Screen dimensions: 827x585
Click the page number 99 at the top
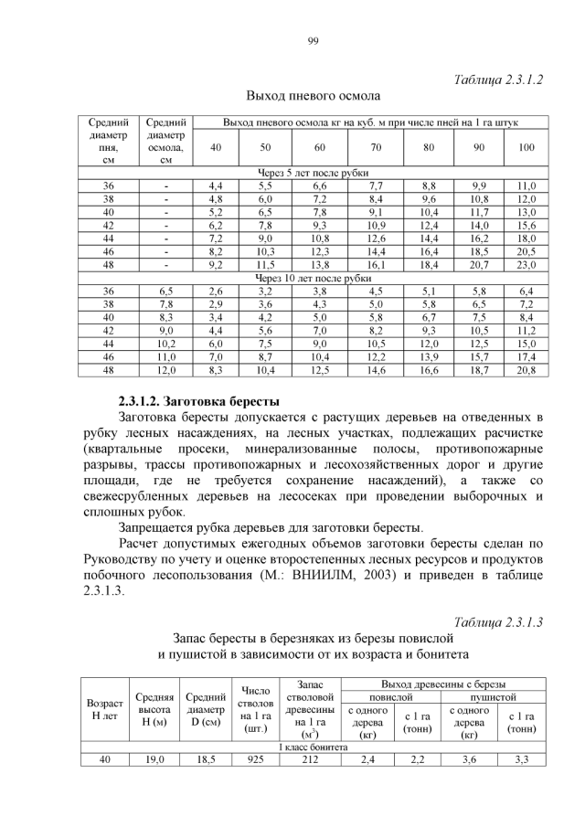[313, 40]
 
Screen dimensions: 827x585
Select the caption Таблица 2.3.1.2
[499, 80]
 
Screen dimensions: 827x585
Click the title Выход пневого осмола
[313, 95]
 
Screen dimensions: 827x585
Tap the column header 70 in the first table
[376, 147]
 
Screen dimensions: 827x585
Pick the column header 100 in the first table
[526, 147]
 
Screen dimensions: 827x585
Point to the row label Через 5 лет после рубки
[313, 173]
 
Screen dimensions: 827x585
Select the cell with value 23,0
[526, 265]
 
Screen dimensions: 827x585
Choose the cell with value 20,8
[526, 370]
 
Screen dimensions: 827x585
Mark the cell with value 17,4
[526, 356]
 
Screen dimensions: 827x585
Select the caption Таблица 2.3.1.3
[499, 622]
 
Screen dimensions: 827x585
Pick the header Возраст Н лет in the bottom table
[104, 710]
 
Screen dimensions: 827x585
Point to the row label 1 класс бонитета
[313, 747]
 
